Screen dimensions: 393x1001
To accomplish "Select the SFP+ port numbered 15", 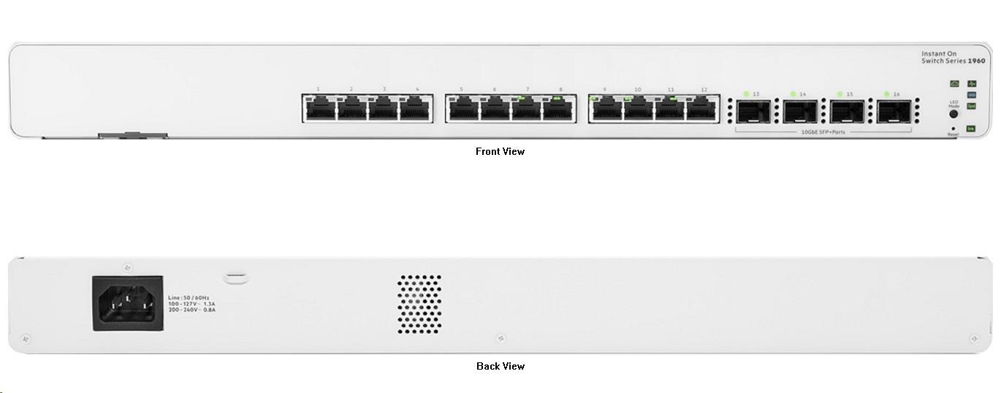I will [x=848, y=112].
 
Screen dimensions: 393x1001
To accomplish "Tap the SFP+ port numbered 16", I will [x=894, y=112].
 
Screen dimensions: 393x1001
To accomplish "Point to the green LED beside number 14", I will [x=793, y=94].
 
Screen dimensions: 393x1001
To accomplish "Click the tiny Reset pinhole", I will [x=953, y=129].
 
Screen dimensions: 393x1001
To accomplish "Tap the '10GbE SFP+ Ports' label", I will [x=823, y=131].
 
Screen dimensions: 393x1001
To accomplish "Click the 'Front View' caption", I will [x=500, y=152].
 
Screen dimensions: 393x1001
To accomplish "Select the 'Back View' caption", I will [x=500, y=366].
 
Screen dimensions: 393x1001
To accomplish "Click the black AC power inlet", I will [x=127, y=303].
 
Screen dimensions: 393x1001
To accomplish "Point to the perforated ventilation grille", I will [x=419, y=303].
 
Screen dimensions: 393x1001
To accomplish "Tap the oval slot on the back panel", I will [x=235, y=278].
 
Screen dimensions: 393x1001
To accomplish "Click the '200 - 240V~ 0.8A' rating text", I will [x=191, y=310].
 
